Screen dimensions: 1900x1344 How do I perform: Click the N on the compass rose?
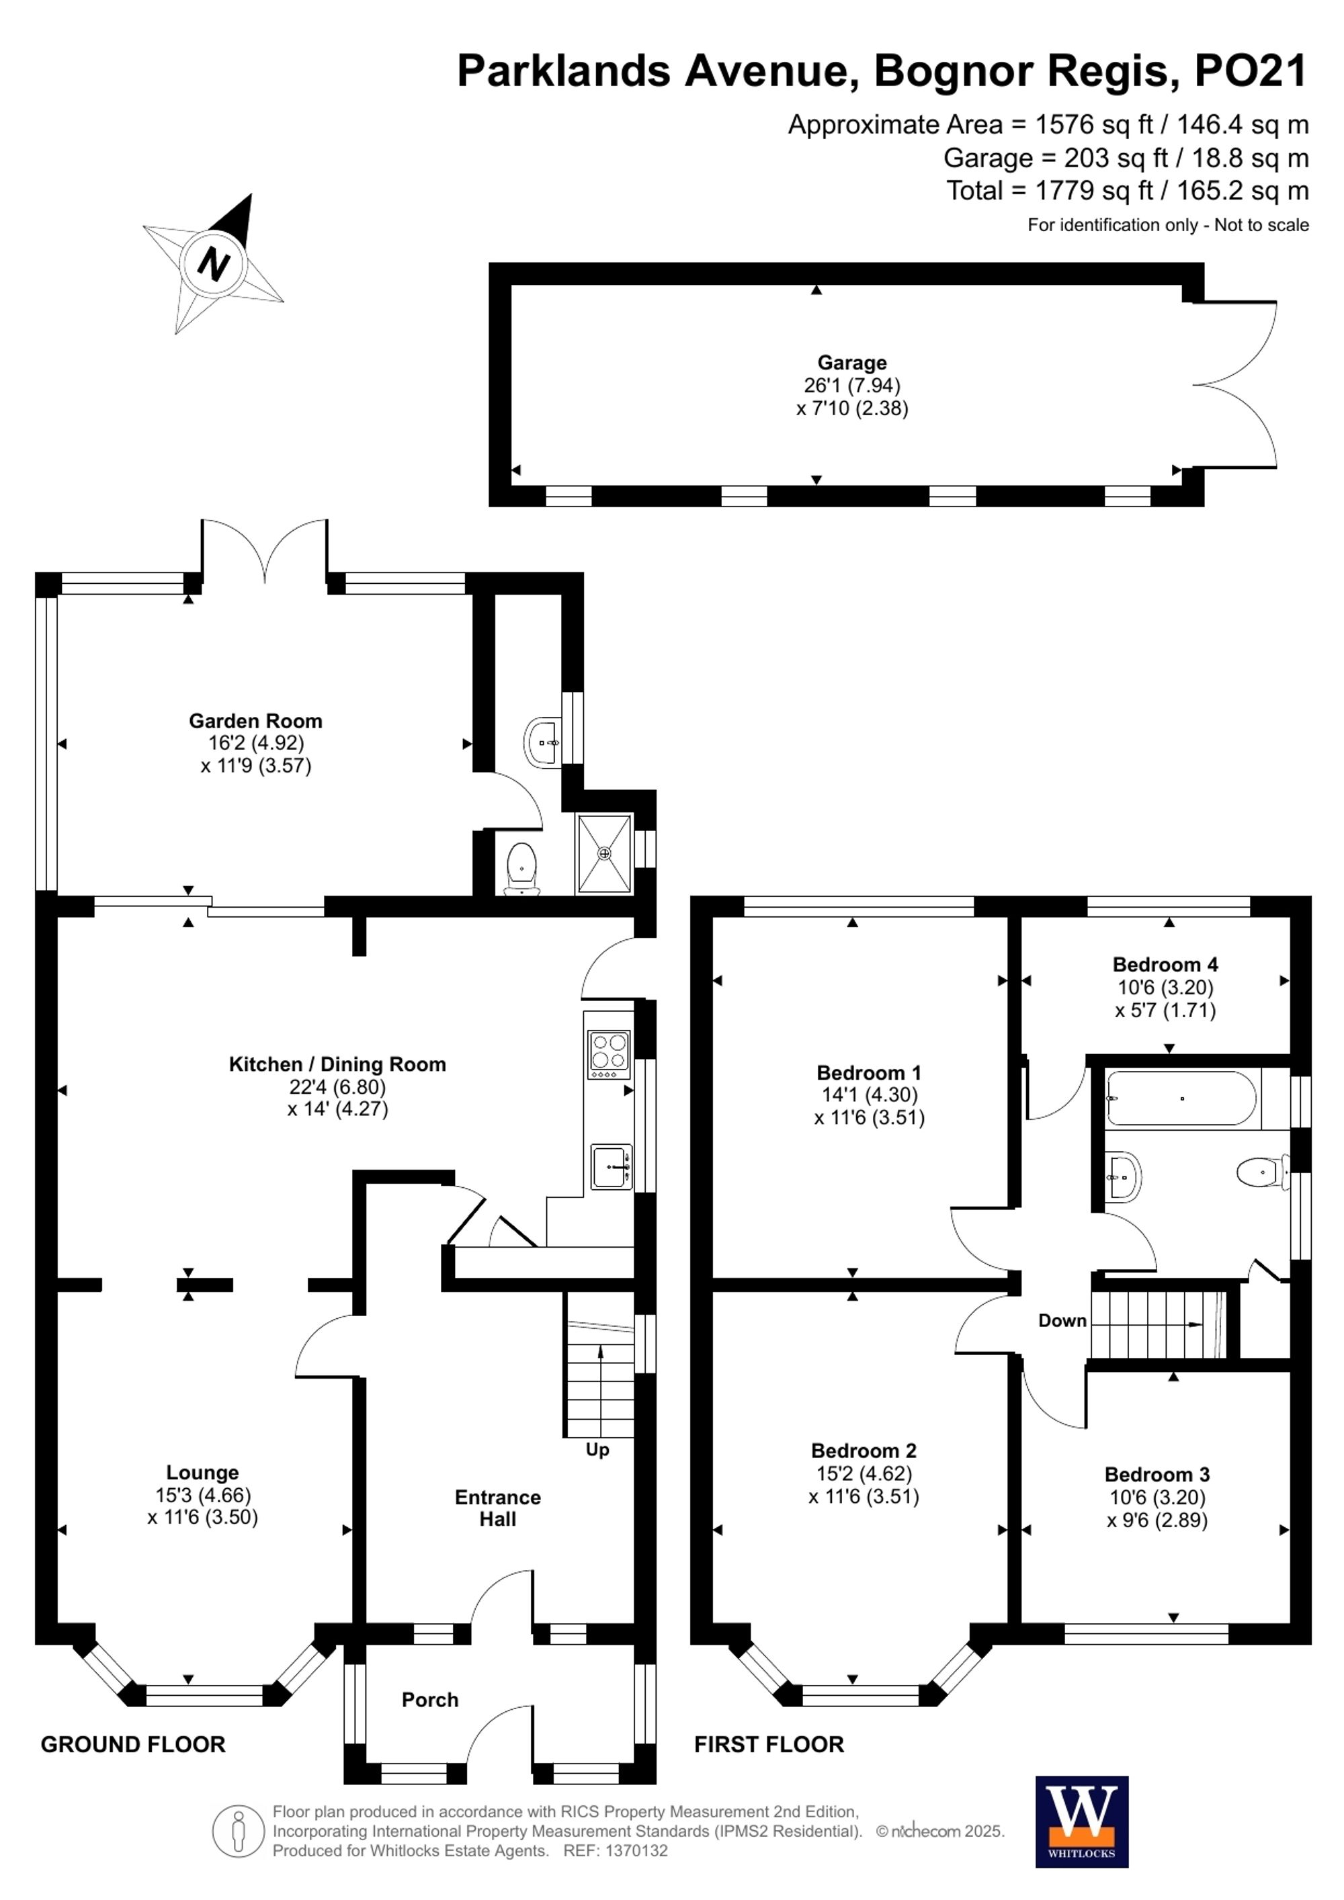tap(214, 265)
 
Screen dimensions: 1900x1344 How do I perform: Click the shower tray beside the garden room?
tap(604, 854)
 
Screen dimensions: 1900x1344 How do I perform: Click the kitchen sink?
tap(611, 1167)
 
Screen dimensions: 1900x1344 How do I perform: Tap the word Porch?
tap(429, 1700)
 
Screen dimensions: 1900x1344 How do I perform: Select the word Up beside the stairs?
tap(597, 1450)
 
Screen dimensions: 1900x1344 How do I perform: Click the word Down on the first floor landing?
tap(1062, 1321)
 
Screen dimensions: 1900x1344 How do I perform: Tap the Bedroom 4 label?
tap(1165, 964)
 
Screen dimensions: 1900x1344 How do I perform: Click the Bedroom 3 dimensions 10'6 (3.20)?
tap(1157, 1497)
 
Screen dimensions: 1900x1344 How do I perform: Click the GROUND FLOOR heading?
tap(132, 1744)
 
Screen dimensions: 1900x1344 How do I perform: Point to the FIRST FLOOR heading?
tap(768, 1744)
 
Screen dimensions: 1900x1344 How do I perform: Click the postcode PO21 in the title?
tap(1250, 71)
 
